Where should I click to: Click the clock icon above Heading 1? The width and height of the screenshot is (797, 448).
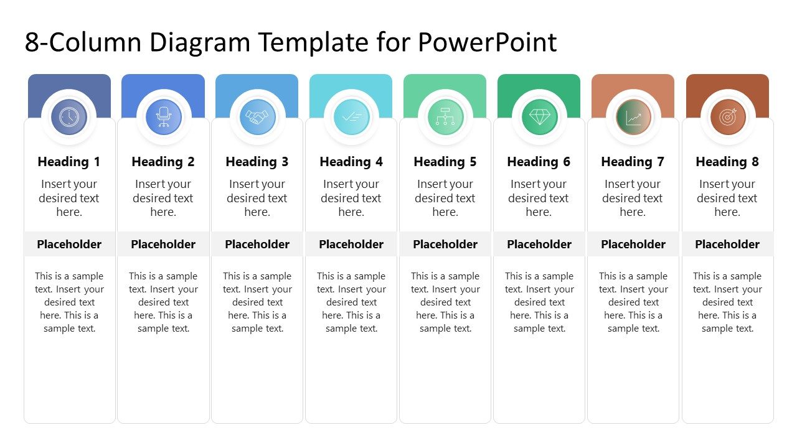[69, 117]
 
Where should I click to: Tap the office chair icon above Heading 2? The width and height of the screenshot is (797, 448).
[163, 117]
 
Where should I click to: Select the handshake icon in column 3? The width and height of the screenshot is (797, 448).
[257, 117]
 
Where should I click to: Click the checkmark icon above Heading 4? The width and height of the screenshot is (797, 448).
[351, 117]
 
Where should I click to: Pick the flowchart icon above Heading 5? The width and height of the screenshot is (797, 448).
[445, 117]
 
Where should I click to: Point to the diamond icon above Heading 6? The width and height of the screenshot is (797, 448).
[539, 117]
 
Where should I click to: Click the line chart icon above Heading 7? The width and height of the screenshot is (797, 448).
[633, 117]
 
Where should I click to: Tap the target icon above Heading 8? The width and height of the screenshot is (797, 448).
[727, 117]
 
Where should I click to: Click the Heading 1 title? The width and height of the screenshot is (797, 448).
[69, 162]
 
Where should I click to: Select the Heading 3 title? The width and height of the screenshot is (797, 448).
[257, 162]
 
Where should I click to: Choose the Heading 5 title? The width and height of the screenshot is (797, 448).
[445, 162]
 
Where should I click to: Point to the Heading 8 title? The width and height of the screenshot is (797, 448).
[727, 162]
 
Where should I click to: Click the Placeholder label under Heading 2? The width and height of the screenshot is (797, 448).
[163, 245]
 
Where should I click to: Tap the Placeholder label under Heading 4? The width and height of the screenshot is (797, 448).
[351, 245]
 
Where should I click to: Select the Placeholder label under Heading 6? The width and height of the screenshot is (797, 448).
[539, 245]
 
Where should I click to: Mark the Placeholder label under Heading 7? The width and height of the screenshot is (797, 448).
[633, 245]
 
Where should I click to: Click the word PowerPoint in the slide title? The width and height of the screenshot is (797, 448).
[487, 43]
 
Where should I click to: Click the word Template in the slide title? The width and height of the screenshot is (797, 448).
[314, 43]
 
